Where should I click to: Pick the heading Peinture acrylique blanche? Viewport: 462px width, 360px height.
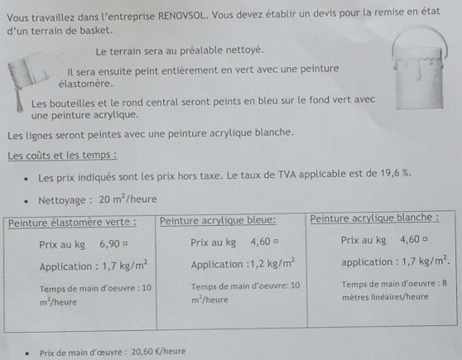point(374,218)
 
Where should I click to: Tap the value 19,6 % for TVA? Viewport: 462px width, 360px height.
point(391,174)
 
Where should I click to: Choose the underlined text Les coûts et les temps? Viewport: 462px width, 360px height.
point(62,155)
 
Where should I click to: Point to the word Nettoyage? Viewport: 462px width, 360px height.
point(65,199)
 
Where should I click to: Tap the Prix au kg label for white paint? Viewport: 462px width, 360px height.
point(363,240)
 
